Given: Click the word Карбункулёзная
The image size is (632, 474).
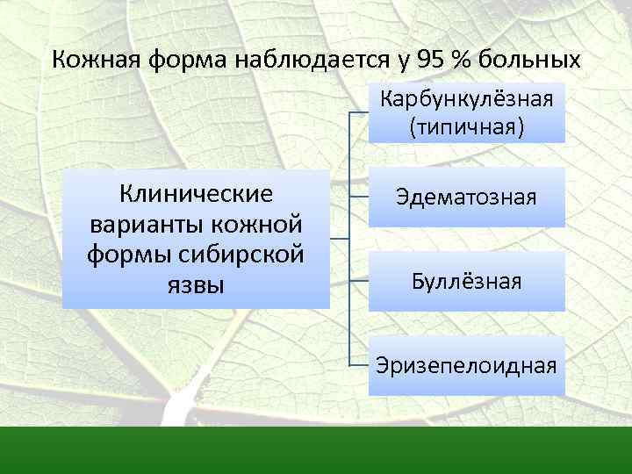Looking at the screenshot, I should pos(466,97).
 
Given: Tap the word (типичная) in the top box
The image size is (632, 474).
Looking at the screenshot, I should pos(466,127).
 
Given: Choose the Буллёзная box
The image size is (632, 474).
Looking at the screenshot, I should pos(466,282).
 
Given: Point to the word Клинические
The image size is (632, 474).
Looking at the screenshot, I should pos(196,192).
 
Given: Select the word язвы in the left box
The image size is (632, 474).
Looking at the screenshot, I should pos(196,284).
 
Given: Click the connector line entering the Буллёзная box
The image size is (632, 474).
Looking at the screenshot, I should pos(359,281).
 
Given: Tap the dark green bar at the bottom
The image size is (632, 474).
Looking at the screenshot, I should pos(316,450).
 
